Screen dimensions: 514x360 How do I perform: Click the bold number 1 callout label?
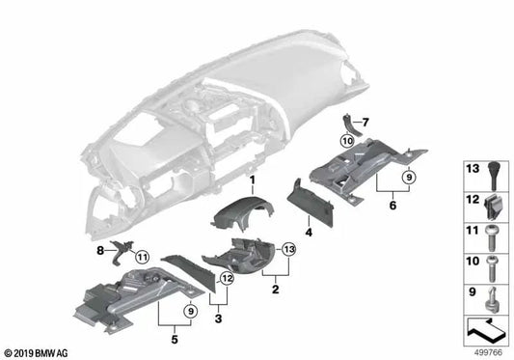pyautogui.click(x=252, y=180)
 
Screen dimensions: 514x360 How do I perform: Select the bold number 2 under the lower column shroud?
pyautogui.click(x=276, y=290)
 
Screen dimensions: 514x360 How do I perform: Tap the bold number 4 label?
pyautogui.click(x=309, y=233)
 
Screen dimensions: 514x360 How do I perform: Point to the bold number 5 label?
pyautogui.click(x=175, y=340)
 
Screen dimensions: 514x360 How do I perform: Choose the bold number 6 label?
pyautogui.click(x=392, y=206)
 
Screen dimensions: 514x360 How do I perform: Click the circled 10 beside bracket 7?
pyautogui.click(x=347, y=141)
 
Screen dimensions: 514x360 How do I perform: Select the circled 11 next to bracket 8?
pyautogui.click(x=142, y=257)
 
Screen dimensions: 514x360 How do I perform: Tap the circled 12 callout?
pyautogui.click(x=228, y=279)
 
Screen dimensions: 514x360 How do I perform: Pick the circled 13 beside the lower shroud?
pyautogui.click(x=289, y=249)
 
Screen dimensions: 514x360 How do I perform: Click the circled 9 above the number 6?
pyautogui.click(x=409, y=178)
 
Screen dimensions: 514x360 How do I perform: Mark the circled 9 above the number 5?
pyautogui.click(x=191, y=311)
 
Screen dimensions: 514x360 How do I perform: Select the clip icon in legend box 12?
pyautogui.click(x=493, y=208)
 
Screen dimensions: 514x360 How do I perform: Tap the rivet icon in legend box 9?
pyautogui.click(x=492, y=299)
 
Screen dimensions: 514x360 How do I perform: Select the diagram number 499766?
pyautogui.click(x=488, y=352)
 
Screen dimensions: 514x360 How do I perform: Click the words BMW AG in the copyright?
pyautogui.click(x=51, y=353)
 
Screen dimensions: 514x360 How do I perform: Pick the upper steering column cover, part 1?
pyautogui.click(x=243, y=213)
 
